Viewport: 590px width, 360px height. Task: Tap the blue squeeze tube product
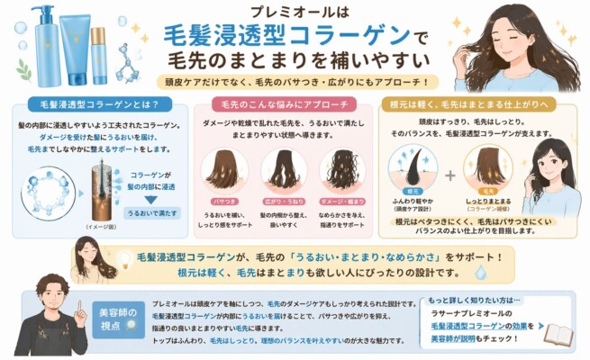(76, 49)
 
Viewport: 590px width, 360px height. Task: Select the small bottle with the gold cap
(98, 54)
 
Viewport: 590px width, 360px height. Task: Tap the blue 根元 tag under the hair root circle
(413, 191)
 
